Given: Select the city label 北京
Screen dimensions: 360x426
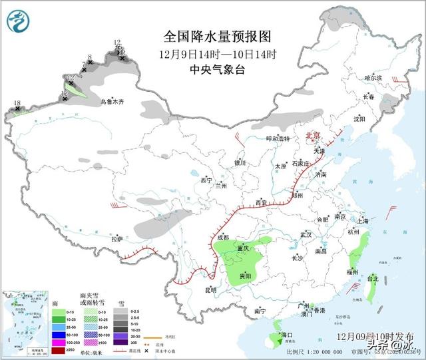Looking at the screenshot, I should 312,136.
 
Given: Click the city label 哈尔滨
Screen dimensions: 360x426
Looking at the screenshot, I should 373,78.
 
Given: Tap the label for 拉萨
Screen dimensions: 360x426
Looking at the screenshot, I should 117,238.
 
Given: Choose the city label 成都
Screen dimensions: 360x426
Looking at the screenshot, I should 222,237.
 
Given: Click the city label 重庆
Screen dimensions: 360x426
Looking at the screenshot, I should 242,248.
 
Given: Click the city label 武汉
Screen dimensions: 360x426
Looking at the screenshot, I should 306,235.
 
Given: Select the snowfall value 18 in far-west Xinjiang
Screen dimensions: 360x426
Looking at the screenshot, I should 17,103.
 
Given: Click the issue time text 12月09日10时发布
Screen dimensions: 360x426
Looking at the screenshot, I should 375,337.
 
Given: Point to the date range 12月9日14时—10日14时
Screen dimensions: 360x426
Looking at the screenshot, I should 218,53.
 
